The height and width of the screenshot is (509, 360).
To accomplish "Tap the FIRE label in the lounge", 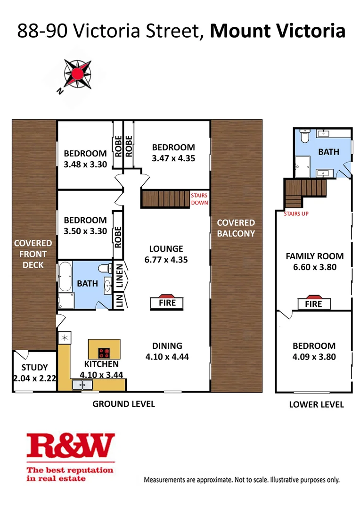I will pos(167,303).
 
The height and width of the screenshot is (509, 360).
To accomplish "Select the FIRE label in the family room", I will pos(313,304).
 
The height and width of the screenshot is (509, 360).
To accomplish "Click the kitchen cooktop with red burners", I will pos(104,353).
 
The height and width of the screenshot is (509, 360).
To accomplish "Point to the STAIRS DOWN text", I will pos(198,199).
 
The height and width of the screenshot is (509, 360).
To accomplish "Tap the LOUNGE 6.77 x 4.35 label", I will pos(166,254).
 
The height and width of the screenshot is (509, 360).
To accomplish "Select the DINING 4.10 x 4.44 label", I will pos(167,351).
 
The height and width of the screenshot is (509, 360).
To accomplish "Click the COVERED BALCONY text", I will pos(236,228).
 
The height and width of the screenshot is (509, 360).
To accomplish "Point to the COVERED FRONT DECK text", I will pos(33,254).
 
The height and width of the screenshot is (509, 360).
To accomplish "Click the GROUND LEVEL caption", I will pos(123,404).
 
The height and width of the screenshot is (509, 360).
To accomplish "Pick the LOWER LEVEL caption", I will pos(316,404).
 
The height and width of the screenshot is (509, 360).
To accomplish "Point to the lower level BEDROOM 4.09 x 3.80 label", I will pos(314,352).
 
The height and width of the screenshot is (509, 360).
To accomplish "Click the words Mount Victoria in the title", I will pos(277,31).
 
